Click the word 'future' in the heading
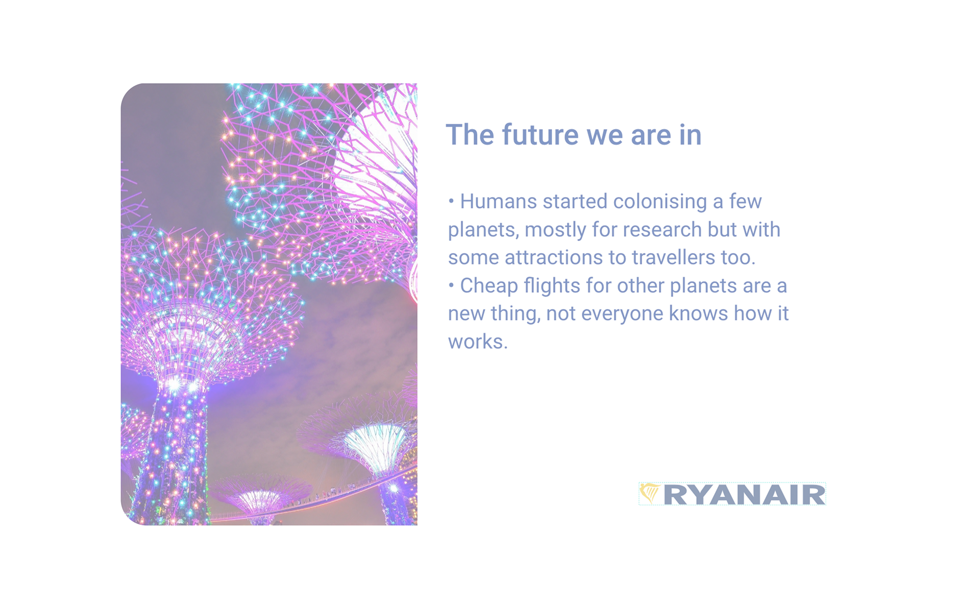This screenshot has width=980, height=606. tap(541, 135)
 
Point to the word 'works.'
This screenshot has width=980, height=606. tap(478, 342)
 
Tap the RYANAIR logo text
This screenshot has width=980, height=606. tap(744, 495)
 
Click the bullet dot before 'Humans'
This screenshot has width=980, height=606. tap(451, 201)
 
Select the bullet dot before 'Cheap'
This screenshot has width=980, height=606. tap(451, 285)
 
